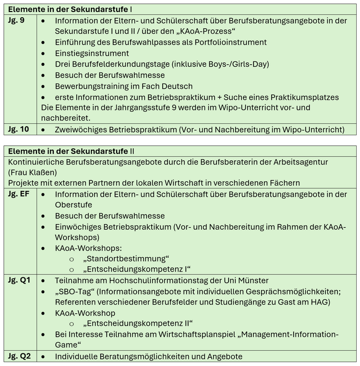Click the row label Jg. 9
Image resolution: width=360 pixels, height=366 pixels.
(x=16, y=21)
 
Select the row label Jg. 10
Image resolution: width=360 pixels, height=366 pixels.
(x=19, y=129)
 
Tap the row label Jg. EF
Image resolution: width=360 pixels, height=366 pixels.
(x=19, y=194)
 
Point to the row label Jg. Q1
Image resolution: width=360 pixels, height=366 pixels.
(x=19, y=280)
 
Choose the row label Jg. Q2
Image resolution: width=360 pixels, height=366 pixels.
(x=19, y=356)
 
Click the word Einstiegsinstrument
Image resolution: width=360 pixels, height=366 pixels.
(x=92, y=53)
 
